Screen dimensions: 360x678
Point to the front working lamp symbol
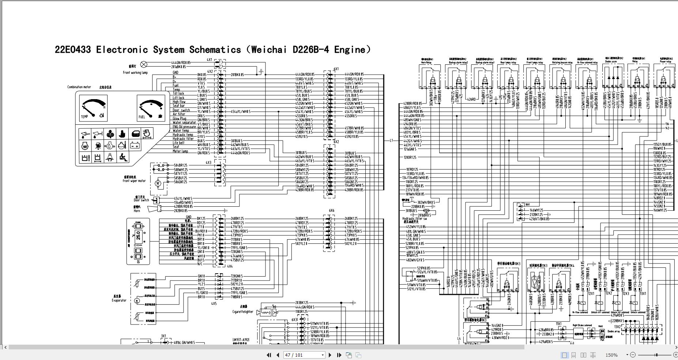coord(144,65)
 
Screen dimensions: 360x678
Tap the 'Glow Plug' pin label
coord(180,119)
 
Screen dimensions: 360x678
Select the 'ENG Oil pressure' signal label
coord(184,127)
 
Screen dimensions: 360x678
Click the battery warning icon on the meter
coord(135,146)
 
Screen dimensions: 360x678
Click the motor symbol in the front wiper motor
coord(158,183)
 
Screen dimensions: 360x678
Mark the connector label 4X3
coord(208,162)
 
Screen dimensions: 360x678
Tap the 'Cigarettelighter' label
coord(243,312)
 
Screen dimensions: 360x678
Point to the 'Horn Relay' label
coord(426,63)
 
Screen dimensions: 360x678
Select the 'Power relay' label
coord(666,62)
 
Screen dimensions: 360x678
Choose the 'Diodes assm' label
coord(611,62)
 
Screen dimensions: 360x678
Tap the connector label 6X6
coord(331,210)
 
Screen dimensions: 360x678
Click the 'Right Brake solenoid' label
coord(582,325)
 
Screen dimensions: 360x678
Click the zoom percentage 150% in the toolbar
coord(611,355)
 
